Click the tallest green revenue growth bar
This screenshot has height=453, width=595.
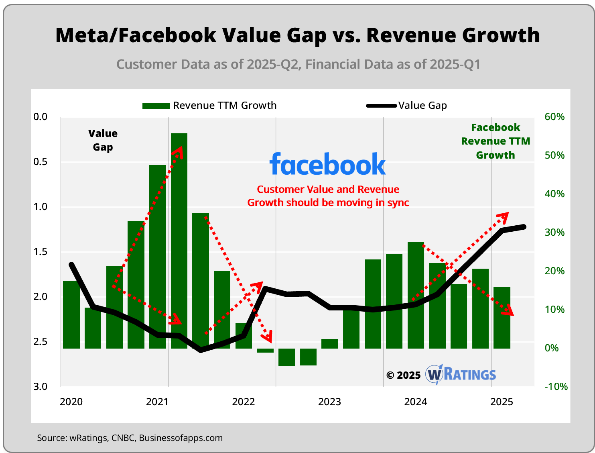pos(179,241)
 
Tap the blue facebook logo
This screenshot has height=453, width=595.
pos(327,164)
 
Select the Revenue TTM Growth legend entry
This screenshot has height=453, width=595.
pos(209,106)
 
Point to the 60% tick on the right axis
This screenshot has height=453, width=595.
pos(554,117)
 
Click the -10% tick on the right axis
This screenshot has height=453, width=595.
pos(556,387)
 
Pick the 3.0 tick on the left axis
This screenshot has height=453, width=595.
pos(40,387)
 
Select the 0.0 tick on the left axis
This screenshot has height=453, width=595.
pos(40,117)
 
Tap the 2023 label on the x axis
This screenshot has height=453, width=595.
pos(329,402)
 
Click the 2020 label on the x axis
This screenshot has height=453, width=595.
pos(71,402)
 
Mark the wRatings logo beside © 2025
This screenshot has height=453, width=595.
pos(461,375)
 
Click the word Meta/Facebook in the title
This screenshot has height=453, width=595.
pos(136,35)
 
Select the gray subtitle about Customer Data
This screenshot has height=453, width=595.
pos(298,64)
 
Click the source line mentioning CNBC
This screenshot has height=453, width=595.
pos(130,438)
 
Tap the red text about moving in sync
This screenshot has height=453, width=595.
pos(328,196)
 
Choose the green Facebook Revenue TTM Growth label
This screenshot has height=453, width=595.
pos(495,141)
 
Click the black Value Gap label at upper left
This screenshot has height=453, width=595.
pos(103,140)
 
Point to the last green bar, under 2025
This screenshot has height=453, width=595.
pos(502,318)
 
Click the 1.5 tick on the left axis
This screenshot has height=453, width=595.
pos(40,252)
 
